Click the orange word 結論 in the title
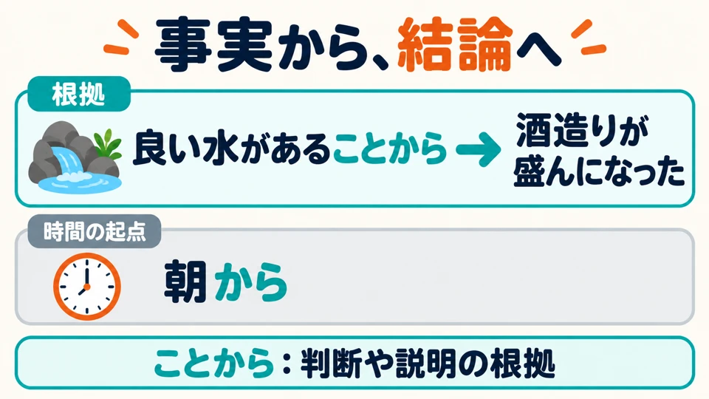(455, 44)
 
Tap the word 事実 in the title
(213, 44)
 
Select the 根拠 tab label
(79, 95)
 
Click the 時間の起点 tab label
(95, 231)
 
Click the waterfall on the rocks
(68, 160)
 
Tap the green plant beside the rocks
(108, 144)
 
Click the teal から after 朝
(251, 282)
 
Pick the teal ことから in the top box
(390, 149)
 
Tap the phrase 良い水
(186, 148)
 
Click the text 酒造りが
(583, 130)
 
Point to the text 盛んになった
(599, 171)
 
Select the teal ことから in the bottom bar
(214, 363)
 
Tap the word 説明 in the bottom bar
(426, 363)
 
